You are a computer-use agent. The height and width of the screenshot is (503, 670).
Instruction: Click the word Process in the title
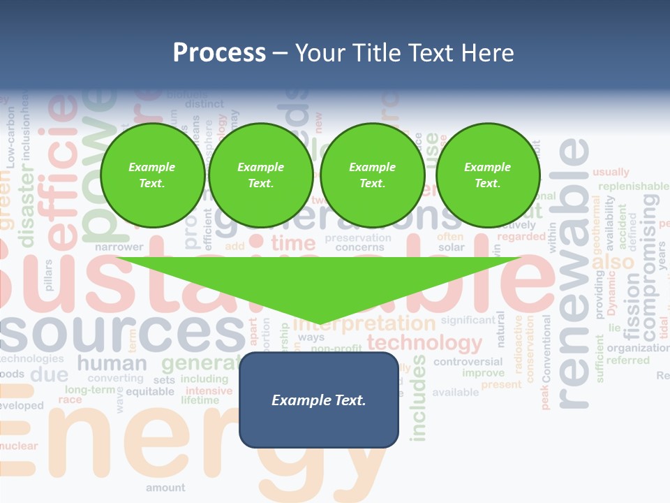(x=219, y=53)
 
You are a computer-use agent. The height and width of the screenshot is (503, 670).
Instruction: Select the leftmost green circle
(x=152, y=175)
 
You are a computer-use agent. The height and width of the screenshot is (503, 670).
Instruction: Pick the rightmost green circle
(x=487, y=175)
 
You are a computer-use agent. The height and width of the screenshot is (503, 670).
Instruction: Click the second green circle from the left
(x=260, y=175)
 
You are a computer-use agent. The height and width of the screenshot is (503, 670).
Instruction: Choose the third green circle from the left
(x=372, y=175)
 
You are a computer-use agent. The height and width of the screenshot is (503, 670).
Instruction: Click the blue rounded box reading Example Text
(x=319, y=400)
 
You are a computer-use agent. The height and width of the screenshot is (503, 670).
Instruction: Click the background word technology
(x=424, y=342)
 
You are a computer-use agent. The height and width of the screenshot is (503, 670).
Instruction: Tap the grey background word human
(x=112, y=363)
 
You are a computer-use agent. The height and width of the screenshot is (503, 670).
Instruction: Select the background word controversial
(x=468, y=361)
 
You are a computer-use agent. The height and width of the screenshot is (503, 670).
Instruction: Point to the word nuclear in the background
(x=19, y=446)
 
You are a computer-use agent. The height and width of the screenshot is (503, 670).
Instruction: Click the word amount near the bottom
(x=165, y=488)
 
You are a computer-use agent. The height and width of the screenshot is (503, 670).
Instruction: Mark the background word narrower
(x=119, y=247)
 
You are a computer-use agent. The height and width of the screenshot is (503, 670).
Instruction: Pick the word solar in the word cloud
(x=451, y=247)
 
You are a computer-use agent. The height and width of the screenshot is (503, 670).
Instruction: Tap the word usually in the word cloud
(x=611, y=172)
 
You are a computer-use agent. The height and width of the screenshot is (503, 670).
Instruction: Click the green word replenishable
(x=633, y=187)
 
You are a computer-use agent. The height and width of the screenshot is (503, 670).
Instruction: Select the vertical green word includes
(x=418, y=398)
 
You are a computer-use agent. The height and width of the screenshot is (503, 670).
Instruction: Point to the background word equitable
(x=150, y=391)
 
